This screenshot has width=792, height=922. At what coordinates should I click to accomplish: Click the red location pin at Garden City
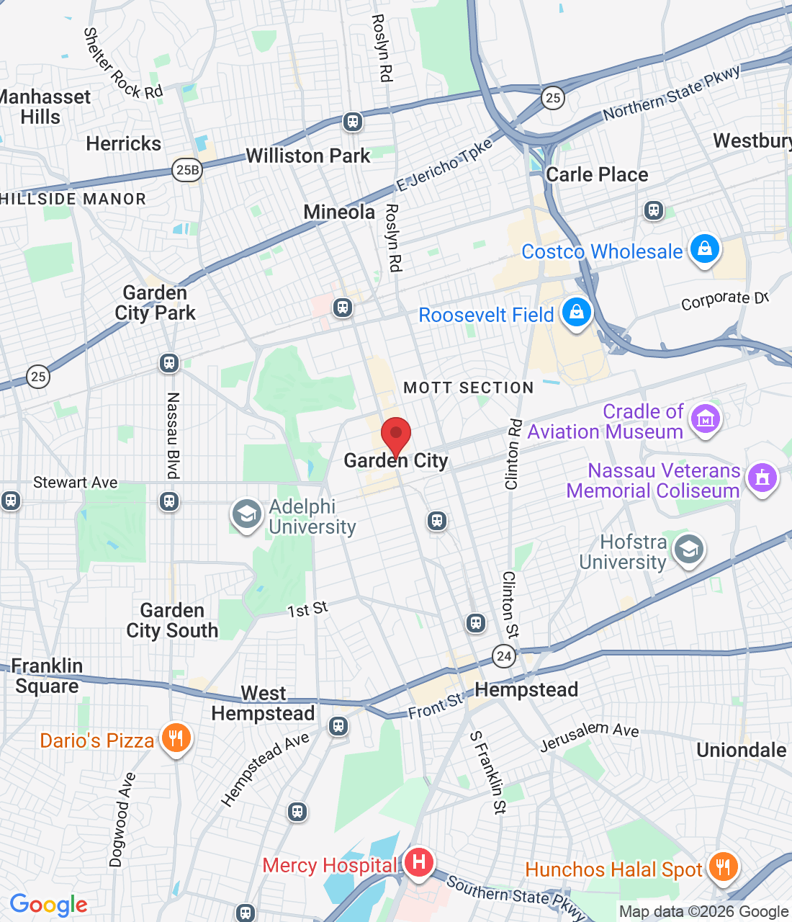tap(395, 435)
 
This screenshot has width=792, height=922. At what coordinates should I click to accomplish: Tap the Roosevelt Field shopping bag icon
tap(576, 313)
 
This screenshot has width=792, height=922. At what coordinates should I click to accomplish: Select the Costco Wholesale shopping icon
tap(704, 249)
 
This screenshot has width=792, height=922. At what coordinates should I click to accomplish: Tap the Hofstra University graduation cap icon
tap(688, 550)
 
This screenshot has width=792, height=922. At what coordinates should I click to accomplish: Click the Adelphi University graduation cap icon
tap(246, 514)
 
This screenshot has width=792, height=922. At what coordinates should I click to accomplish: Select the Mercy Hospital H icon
tap(418, 861)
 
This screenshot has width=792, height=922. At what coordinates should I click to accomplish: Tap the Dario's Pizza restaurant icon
tap(176, 738)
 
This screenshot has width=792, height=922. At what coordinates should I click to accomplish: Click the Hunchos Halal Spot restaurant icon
tap(723, 867)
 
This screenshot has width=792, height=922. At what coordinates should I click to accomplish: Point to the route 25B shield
tap(187, 169)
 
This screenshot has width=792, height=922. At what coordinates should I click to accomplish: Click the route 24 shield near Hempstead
tap(504, 655)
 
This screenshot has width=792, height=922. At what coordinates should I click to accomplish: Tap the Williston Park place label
tap(307, 156)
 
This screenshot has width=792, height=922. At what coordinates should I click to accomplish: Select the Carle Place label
tap(597, 174)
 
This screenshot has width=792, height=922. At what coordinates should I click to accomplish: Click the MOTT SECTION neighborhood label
tap(468, 388)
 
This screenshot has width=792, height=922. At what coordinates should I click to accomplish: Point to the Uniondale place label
tap(741, 750)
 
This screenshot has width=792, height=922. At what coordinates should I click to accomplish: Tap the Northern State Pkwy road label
tap(671, 94)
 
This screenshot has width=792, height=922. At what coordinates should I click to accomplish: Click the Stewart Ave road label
tap(76, 482)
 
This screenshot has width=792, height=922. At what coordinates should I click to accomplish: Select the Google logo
tap(49, 905)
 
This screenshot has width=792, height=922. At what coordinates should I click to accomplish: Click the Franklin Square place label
tap(47, 676)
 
